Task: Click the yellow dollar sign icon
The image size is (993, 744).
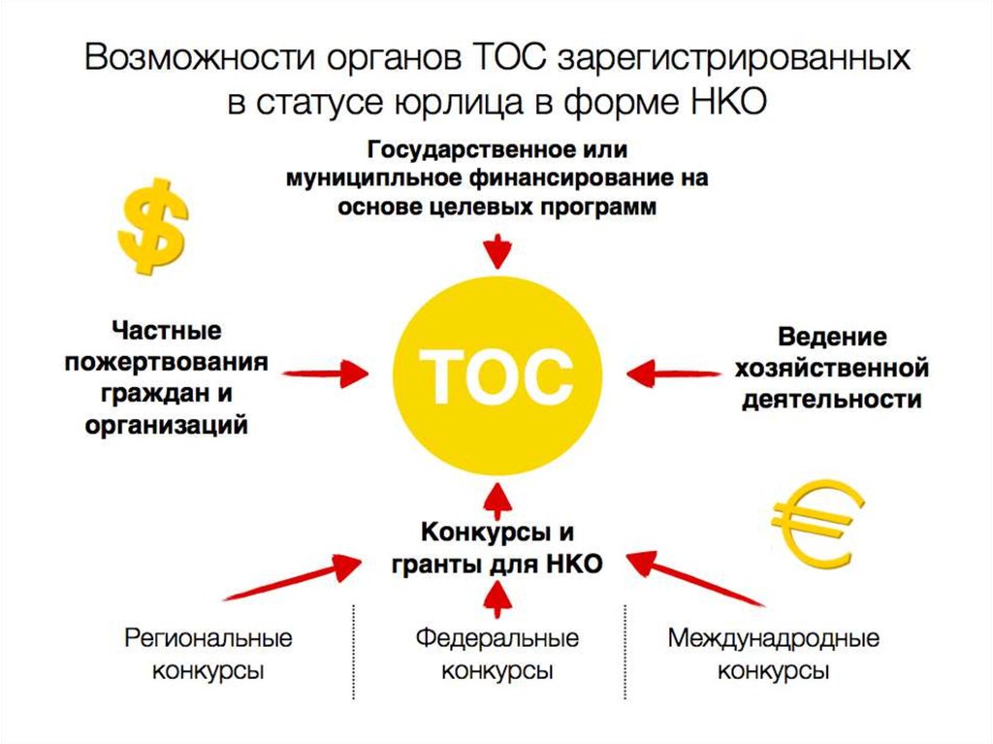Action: click(x=152, y=224)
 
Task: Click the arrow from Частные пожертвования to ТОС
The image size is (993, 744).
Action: click(x=326, y=372)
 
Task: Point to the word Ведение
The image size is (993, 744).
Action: click(x=832, y=337)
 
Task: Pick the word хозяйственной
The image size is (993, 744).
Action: click(x=832, y=368)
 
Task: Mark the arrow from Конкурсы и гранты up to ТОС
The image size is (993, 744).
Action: click(x=496, y=501)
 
